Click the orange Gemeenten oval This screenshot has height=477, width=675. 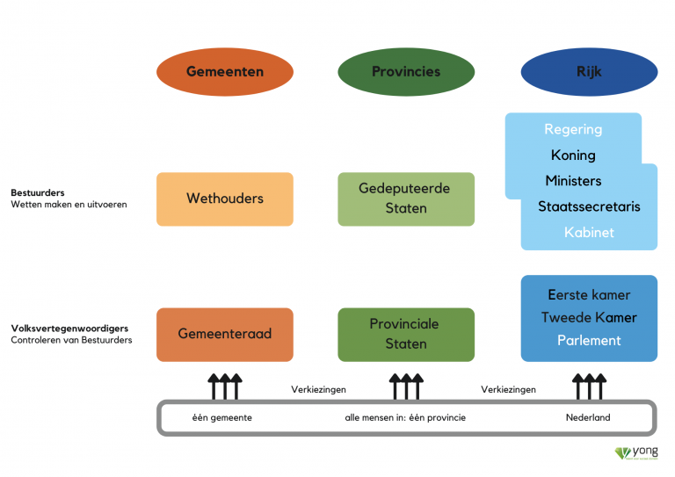coord(224,72)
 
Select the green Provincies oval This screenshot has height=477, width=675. coord(406,72)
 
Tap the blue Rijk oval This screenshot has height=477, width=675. coord(588,72)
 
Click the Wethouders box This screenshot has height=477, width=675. coord(224,199)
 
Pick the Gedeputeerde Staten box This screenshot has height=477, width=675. coord(406,199)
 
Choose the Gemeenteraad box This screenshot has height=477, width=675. coord(224,334)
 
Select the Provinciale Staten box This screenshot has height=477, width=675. coord(406,334)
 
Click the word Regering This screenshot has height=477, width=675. coord(573,129)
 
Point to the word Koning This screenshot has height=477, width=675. coord(573,155)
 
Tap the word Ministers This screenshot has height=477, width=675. coord(573,181)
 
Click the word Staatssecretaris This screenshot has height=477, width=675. coord(589,206)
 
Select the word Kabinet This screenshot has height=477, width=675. coord(589,233)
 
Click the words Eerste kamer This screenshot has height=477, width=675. coord(589,295)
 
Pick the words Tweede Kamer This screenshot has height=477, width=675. coord(589,317)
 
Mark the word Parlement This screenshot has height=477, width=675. coord(589,340)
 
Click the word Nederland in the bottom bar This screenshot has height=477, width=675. coord(588,417)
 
